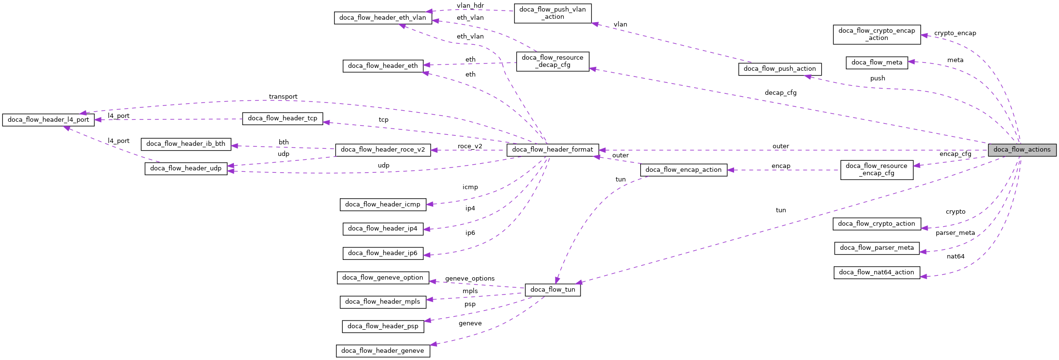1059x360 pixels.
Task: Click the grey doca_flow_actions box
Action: (1022, 150)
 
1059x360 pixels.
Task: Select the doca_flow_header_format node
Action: (553, 150)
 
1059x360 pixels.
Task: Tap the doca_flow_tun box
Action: (553, 290)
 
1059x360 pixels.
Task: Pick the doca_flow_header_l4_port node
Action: (48, 120)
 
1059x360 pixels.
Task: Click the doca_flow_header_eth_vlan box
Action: (383, 18)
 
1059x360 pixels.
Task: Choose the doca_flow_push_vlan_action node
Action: (553, 13)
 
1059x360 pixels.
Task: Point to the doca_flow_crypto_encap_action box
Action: (877, 35)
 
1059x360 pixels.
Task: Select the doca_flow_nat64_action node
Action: (877, 272)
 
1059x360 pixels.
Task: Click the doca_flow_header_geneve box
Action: (383, 351)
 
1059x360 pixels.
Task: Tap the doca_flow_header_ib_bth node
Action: (186, 144)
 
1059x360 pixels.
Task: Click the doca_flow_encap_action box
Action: (684, 170)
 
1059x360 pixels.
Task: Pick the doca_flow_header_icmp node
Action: (383, 205)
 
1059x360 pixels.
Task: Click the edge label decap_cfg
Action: (780, 93)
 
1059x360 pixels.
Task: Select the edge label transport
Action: (283, 97)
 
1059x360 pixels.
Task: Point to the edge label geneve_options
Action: (470, 279)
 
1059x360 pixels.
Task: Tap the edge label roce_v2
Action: (470, 146)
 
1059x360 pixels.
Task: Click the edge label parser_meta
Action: (955, 233)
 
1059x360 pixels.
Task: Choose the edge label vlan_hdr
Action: (470, 6)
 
